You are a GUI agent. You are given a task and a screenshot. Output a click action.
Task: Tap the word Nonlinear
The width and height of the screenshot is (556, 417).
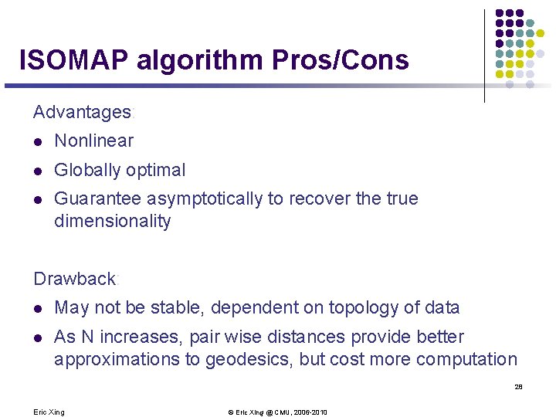pyautogui.click(x=93, y=141)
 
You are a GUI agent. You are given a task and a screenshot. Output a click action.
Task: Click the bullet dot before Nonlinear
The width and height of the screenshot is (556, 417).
pyautogui.click(x=38, y=142)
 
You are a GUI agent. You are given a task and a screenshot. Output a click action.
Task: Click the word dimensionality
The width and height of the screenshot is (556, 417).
pyautogui.click(x=112, y=222)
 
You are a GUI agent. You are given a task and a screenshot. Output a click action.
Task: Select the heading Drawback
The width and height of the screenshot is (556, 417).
pyautogui.click(x=74, y=279)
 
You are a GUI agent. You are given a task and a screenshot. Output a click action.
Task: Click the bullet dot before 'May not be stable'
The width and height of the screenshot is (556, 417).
pyautogui.click(x=38, y=309)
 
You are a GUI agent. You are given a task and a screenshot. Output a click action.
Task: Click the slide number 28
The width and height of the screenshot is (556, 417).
pyautogui.click(x=518, y=387)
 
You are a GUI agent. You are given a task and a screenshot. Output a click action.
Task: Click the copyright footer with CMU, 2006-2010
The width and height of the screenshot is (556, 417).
pyautogui.click(x=277, y=412)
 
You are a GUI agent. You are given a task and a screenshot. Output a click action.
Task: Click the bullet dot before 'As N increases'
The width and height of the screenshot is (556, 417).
pyautogui.click(x=38, y=337)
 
